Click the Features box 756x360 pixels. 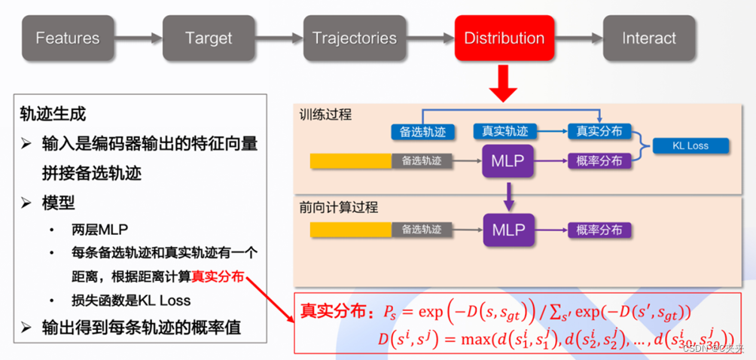click(67, 38)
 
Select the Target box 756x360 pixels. click(208, 38)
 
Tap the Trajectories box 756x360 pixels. click(355, 38)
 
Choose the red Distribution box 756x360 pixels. click(504, 38)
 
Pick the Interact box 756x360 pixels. click(648, 38)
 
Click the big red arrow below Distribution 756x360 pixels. click(503, 83)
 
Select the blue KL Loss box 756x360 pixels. click(690, 145)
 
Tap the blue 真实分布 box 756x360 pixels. click(599, 131)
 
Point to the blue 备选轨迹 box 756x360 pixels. click(419, 132)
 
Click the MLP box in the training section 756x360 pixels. click(508, 160)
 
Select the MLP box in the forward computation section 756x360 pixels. click(508, 229)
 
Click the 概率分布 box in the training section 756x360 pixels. click(599, 160)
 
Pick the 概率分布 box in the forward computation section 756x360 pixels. click(599, 230)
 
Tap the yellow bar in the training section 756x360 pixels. click(351, 160)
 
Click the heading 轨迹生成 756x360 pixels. click(53, 114)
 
